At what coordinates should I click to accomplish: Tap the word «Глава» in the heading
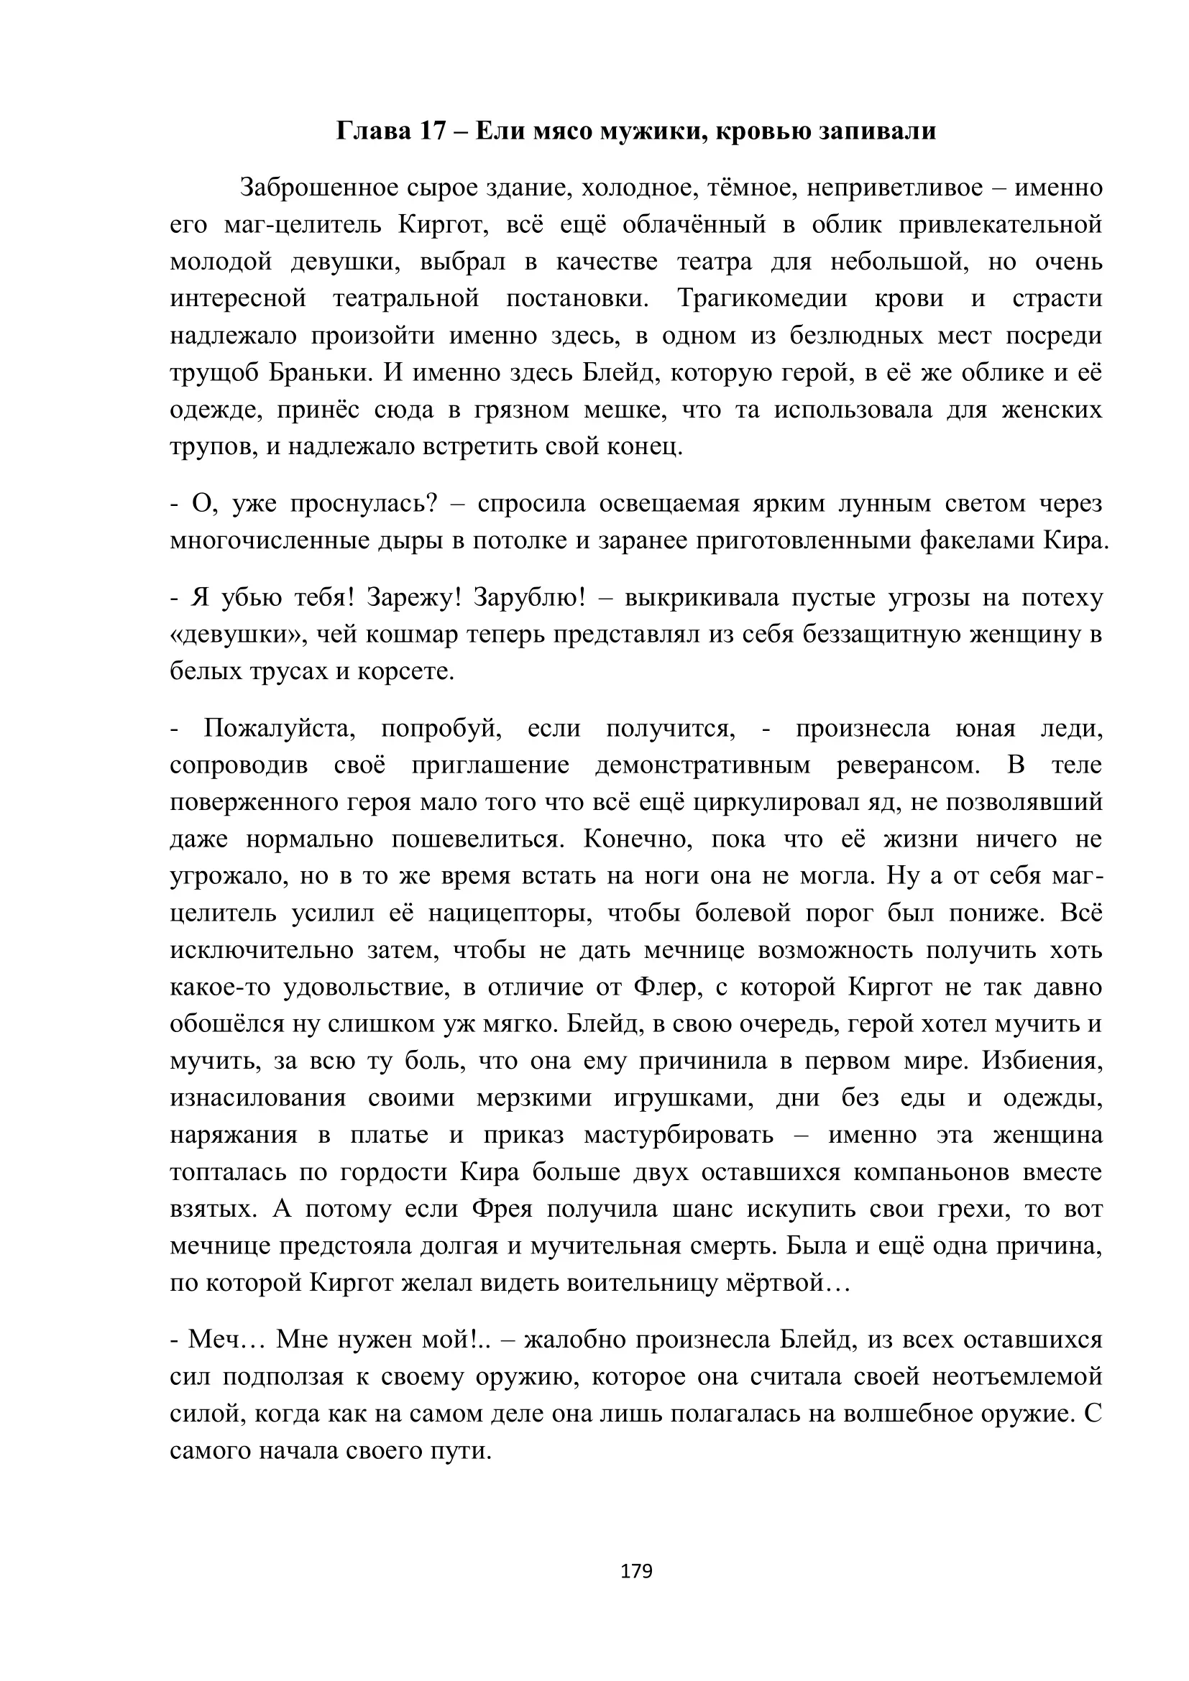373,131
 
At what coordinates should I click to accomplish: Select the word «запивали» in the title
877,131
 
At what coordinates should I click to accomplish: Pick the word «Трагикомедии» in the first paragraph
762,299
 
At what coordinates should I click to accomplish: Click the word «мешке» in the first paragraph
625,409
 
